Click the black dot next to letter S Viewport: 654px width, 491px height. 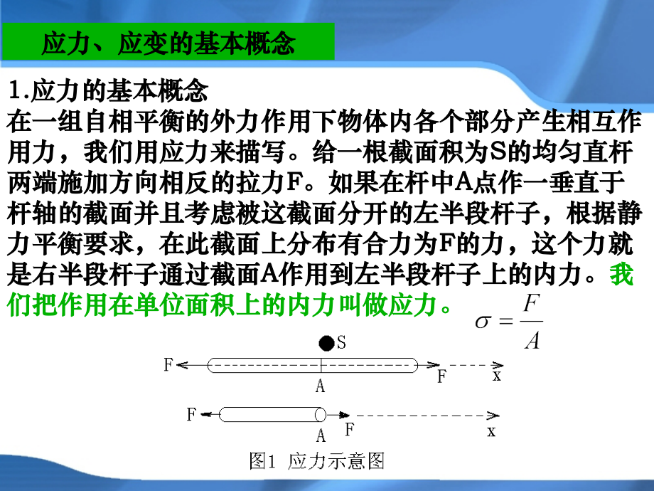pyautogui.click(x=326, y=344)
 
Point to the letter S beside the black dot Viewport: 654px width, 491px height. pyautogui.click(x=341, y=344)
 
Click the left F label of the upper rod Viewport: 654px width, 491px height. pyautogui.click(x=168, y=365)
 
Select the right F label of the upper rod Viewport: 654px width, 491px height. pyautogui.click(x=441, y=376)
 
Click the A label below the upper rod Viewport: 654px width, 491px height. pyautogui.click(x=321, y=386)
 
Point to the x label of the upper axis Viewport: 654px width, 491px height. pyautogui.click(x=496, y=376)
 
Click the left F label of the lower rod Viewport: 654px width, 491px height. pyautogui.click(x=191, y=414)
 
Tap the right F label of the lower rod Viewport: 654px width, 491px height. pyautogui.click(x=349, y=429)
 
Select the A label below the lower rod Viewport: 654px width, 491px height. pyautogui.click(x=321, y=435)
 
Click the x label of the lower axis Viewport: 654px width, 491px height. pyautogui.click(x=490, y=431)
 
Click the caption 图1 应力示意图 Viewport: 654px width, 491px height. pyautogui.click(x=317, y=462)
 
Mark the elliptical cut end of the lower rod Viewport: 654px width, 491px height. pyautogui.click(x=321, y=414)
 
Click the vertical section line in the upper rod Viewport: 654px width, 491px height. pyautogui.click(x=321, y=365)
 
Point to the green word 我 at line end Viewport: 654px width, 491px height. pyautogui.click(x=622, y=275)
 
